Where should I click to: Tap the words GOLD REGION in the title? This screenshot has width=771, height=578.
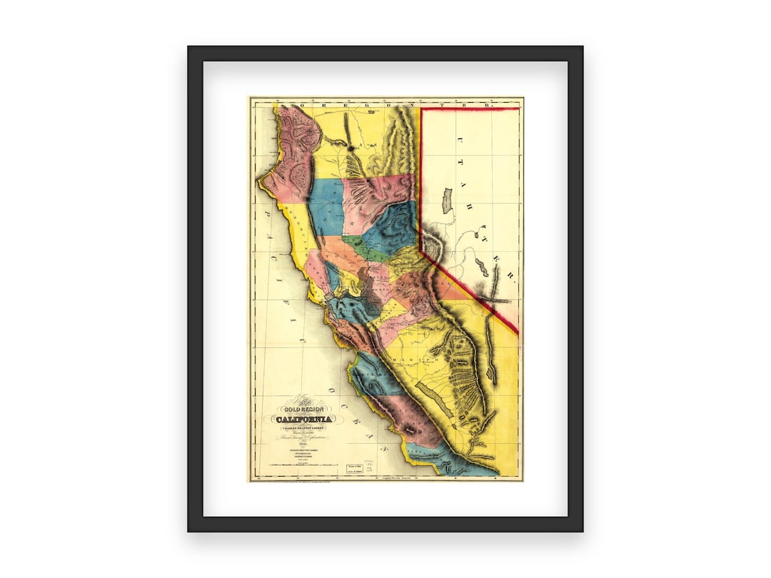[x=303, y=409]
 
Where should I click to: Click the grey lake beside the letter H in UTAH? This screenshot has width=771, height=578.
[x=448, y=201]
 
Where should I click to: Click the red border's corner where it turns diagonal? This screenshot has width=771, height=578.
[x=420, y=251]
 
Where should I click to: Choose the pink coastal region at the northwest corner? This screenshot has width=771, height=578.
[x=293, y=143]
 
